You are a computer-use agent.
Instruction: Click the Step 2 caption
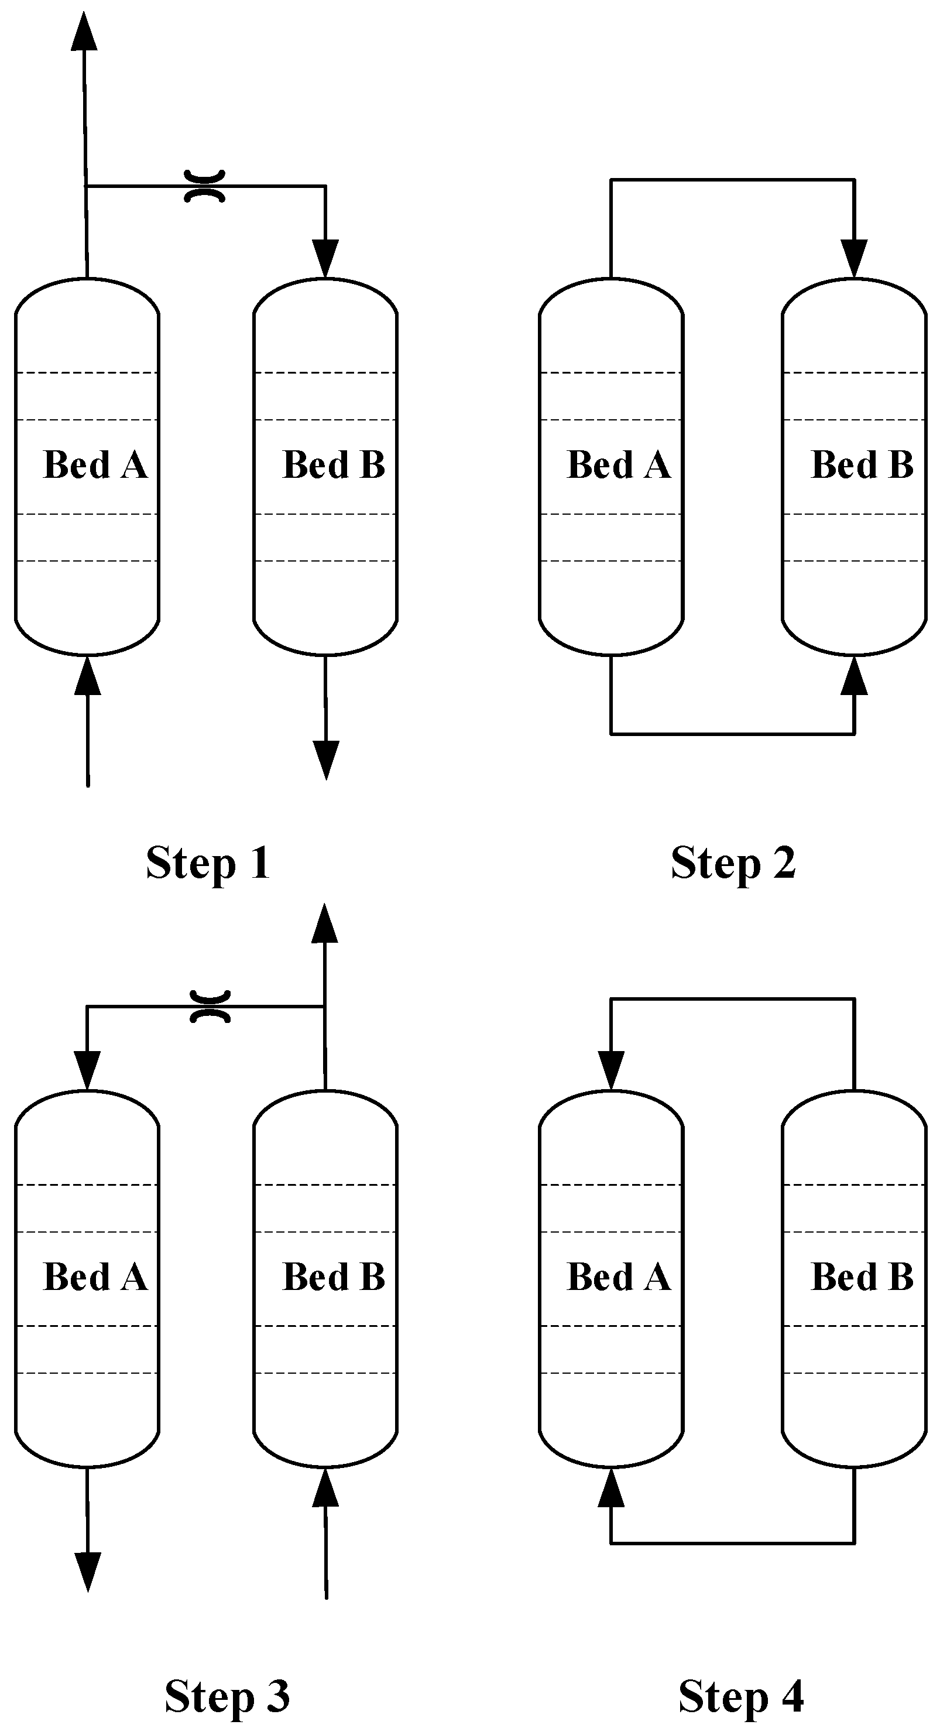(733, 864)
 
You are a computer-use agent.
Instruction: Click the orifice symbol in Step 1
(205, 186)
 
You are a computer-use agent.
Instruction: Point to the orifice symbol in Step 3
(210, 1006)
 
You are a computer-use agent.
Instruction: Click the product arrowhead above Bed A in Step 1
(84, 32)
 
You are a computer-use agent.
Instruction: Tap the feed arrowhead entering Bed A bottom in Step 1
(88, 676)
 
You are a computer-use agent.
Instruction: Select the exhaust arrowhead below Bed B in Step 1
(327, 759)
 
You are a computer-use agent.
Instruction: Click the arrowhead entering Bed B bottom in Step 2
(855, 676)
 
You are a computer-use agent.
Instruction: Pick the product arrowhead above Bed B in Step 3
(325, 924)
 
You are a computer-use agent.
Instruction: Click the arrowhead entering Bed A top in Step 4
(612, 1070)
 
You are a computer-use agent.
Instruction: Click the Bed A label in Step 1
(95, 465)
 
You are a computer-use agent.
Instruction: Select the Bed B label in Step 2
(862, 465)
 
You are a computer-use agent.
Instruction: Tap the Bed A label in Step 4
(619, 1277)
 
